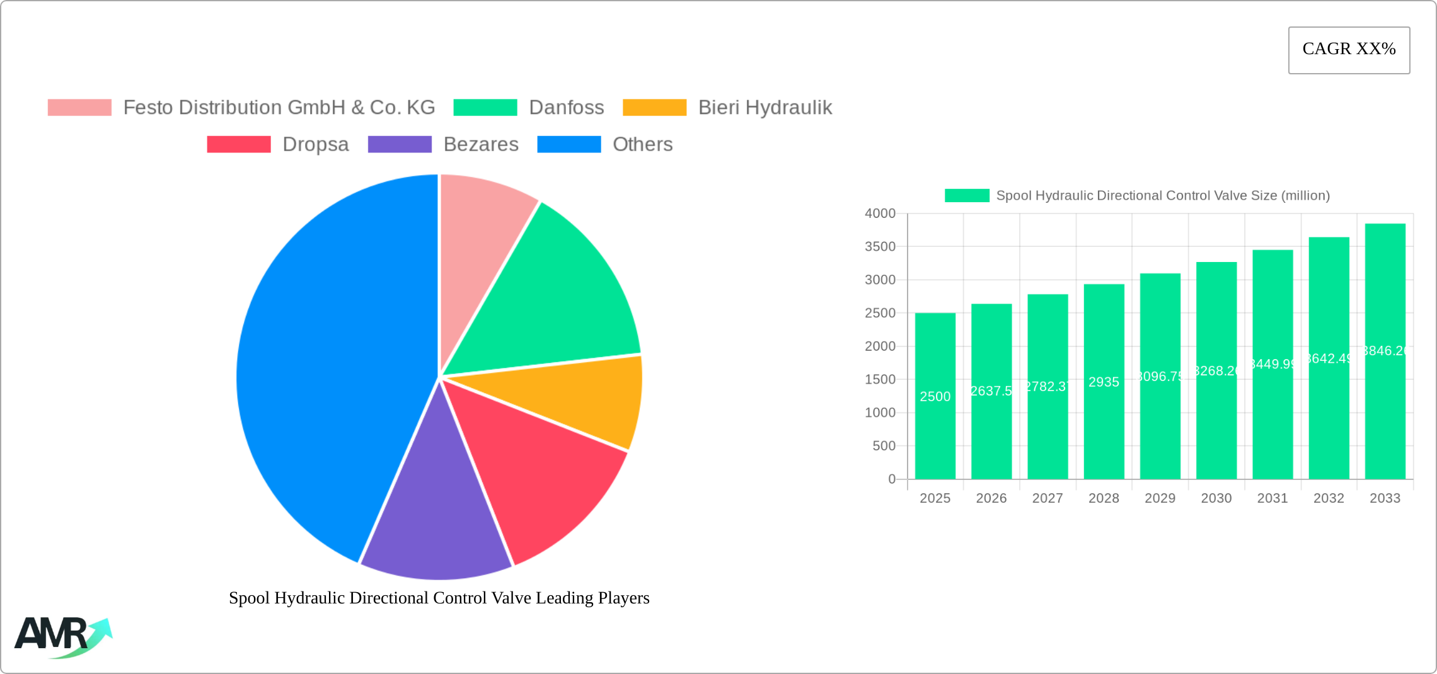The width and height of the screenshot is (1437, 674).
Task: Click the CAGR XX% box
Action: point(1349,50)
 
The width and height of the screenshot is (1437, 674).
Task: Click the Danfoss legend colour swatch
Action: point(485,108)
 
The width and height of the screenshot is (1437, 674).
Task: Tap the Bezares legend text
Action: point(481,144)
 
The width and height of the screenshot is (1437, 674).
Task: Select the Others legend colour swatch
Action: point(568,144)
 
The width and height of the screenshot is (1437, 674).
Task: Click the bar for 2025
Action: point(935,428)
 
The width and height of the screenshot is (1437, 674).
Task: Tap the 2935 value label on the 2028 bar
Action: point(1104,382)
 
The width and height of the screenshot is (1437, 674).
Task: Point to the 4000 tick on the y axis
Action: point(880,214)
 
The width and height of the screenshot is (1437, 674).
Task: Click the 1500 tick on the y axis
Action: point(880,379)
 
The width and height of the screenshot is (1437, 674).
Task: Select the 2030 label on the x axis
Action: point(1216,498)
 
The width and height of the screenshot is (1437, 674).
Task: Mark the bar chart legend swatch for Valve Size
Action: point(967,196)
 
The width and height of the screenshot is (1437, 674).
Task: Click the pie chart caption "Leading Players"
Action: point(439,598)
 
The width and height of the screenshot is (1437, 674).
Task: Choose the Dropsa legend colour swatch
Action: point(239,144)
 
